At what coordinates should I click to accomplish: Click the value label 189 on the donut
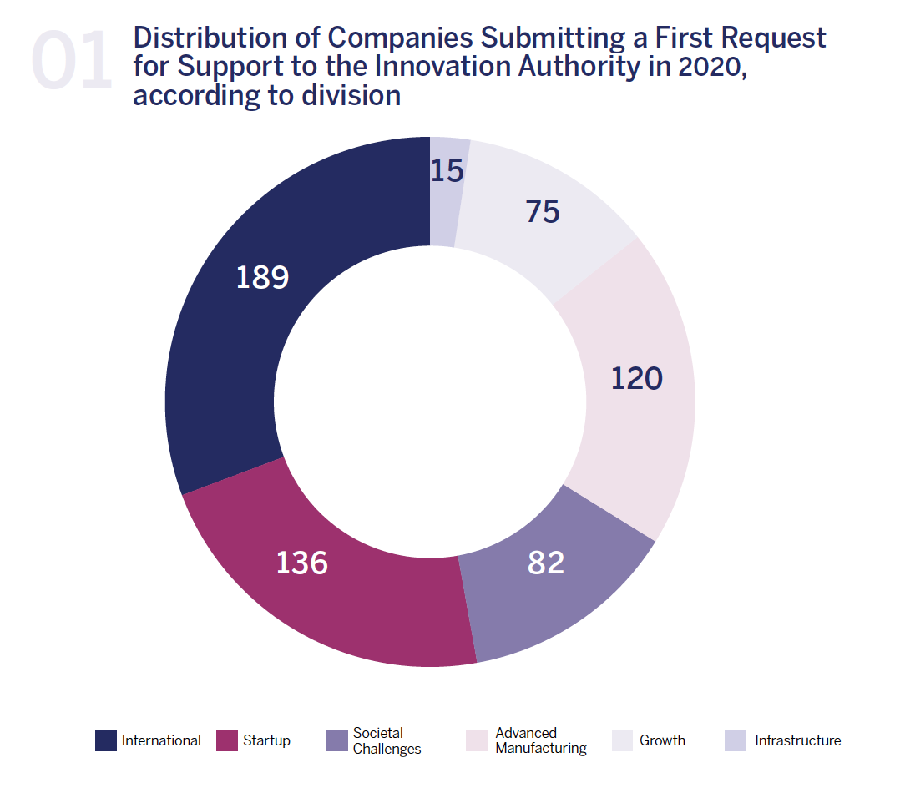click(x=262, y=277)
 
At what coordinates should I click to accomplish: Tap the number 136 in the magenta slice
click(x=302, y=563)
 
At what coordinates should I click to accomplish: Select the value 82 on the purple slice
click(x=546, y=563)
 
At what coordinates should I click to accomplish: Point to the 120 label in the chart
click(x=636, y=379)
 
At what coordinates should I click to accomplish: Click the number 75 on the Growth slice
click(x=543, y=212)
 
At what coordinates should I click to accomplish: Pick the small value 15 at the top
click(x=447, y=171)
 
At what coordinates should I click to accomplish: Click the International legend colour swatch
click(x=106, y=740)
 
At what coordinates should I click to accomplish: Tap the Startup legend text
click(x=266, y=740)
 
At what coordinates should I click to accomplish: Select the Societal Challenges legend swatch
click(x=337, y=740)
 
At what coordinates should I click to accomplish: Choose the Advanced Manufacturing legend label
click(x=540, y=740)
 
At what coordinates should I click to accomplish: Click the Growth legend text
click(x=662, y=740)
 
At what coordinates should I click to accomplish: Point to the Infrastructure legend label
click(x=797, y=740)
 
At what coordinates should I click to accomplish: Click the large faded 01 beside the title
click(x=72, y=60)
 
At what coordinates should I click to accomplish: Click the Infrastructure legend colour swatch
click(x=736, y=740)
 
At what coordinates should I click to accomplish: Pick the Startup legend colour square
click(x=227, y=740)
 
